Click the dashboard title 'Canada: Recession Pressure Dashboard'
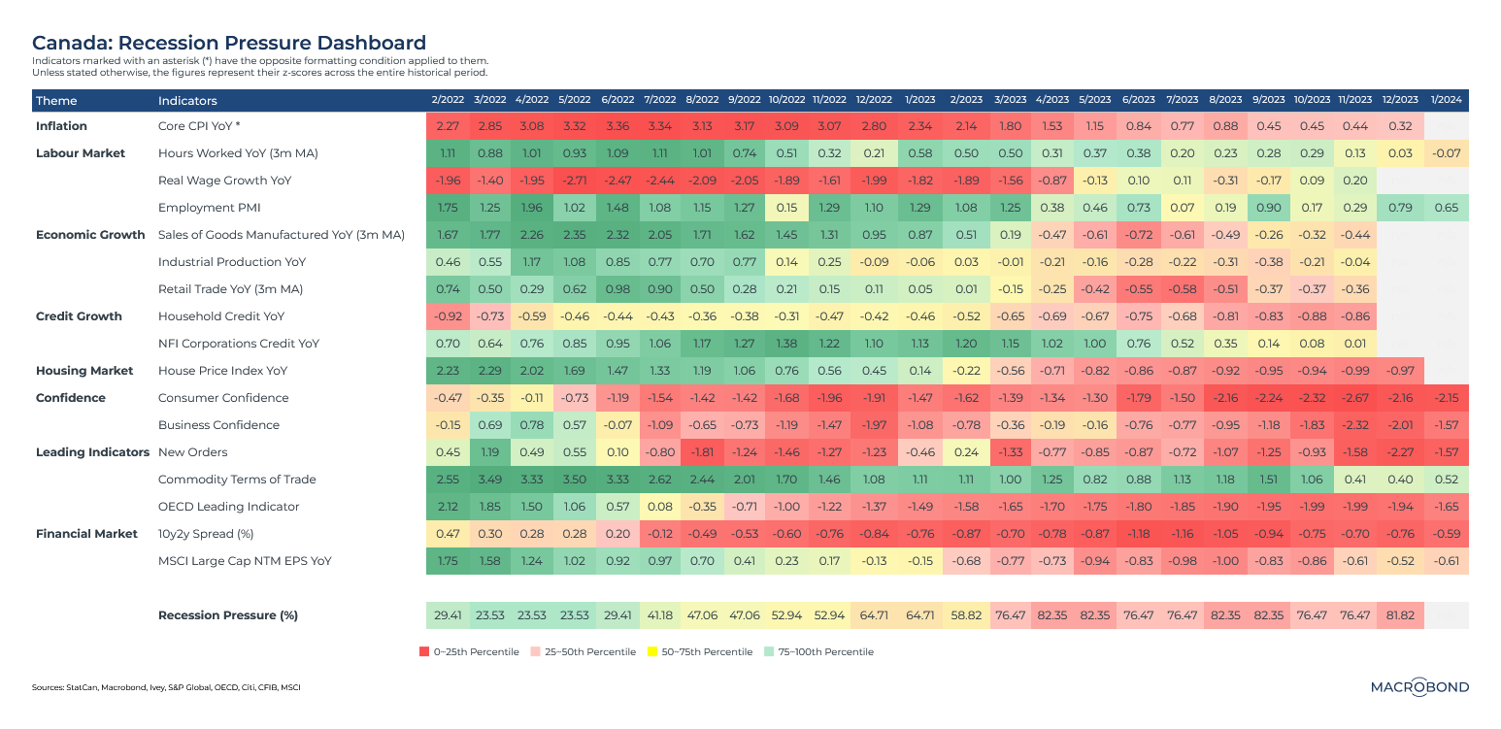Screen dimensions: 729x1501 point(229,43)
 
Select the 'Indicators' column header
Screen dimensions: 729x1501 point(187,101)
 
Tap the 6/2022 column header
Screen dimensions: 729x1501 point(617,101)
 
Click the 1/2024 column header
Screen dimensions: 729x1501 point(1447,101)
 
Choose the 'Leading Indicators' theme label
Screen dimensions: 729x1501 point(91,452)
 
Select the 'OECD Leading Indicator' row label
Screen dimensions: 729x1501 point(228,507)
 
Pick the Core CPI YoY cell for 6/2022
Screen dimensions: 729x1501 point(617,126)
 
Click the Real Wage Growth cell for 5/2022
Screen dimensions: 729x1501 point(575,181)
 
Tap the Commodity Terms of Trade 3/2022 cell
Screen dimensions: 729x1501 point(489,480)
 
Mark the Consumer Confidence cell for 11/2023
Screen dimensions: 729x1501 point(1354,398)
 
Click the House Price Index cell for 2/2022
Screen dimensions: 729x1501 point(447,371)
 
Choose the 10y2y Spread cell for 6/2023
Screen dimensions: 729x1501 point(1137,534)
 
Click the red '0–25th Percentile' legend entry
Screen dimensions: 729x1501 point(469,652)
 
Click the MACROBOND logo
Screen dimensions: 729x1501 point(1419,686)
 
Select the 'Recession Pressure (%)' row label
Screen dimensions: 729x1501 point(227,615)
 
